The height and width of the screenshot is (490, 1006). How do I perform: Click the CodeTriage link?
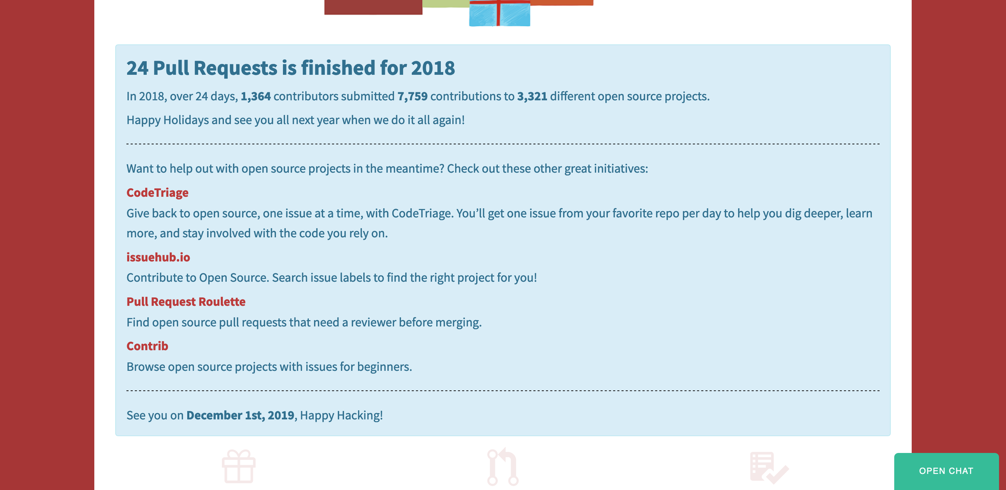point(158,193)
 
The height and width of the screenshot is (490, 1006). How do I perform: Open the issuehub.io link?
point(158,257)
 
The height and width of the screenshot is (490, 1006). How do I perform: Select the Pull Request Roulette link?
point(186,302)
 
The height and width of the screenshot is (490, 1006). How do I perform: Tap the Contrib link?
point(147,346)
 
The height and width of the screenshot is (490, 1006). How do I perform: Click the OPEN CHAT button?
point(946,471)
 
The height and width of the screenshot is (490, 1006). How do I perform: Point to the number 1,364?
point(255,96)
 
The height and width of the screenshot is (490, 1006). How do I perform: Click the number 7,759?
point(413,96)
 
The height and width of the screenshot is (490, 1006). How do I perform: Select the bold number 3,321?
point(532,96)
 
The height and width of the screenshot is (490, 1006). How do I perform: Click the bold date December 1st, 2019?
point(240,415)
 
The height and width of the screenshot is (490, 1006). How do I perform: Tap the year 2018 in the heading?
point(433,68)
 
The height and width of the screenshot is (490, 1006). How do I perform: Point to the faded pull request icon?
point(503,467)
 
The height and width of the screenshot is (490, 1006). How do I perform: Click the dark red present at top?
point(373,7)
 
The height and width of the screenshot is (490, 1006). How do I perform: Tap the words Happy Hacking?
point(341,415)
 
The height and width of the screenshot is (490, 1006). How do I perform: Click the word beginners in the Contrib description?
point(384,367)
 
